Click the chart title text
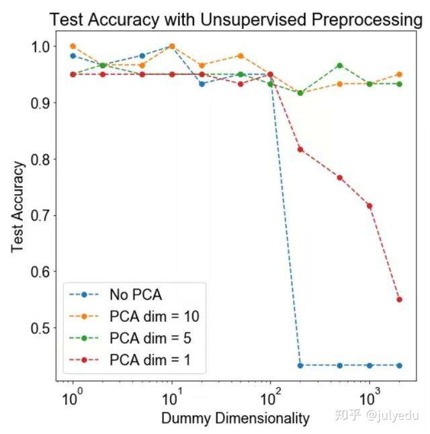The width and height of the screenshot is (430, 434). [x=235, y=20]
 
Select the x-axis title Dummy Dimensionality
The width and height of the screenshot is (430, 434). [x=235, y=418]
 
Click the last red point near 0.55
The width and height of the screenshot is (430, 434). [x=399, y=300]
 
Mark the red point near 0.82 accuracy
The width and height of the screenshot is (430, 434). [x=300, y=149]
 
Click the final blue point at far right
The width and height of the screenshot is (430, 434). [x=399, y=365]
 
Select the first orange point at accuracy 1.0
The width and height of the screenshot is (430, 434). [x=73, y=46]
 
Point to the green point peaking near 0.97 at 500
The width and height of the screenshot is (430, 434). [x=340, y=65]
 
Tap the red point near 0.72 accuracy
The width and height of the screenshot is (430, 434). [x=370, y=206]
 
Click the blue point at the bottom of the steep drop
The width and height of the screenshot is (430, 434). [x=300, y=365]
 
